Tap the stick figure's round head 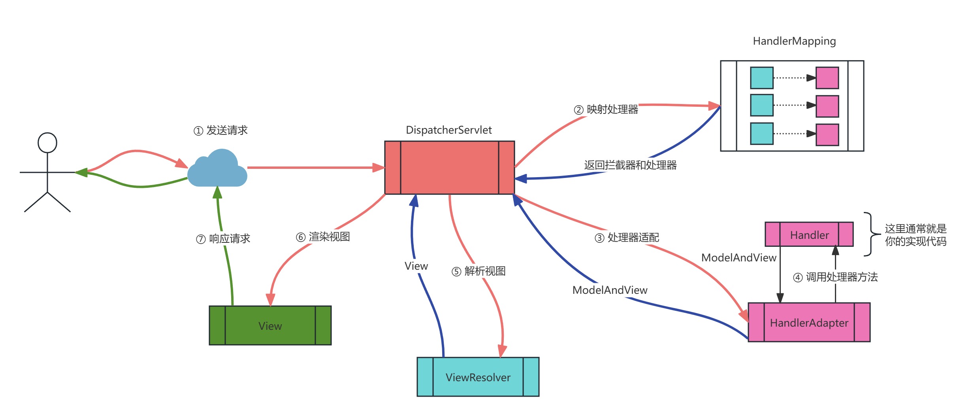47,142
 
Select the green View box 270,325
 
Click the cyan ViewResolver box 478,377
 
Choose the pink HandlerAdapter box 809,322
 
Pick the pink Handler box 809,234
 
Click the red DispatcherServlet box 449,168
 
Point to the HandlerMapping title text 794,41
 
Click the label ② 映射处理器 606,110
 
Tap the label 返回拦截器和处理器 630,165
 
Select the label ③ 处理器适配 627,238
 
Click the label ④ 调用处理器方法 835,277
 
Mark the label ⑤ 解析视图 479,271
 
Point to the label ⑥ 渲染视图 323,237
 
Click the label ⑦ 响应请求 223,239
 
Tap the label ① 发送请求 220,130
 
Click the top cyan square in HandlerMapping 761,78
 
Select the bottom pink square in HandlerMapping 827,135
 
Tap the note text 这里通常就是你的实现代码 915,235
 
